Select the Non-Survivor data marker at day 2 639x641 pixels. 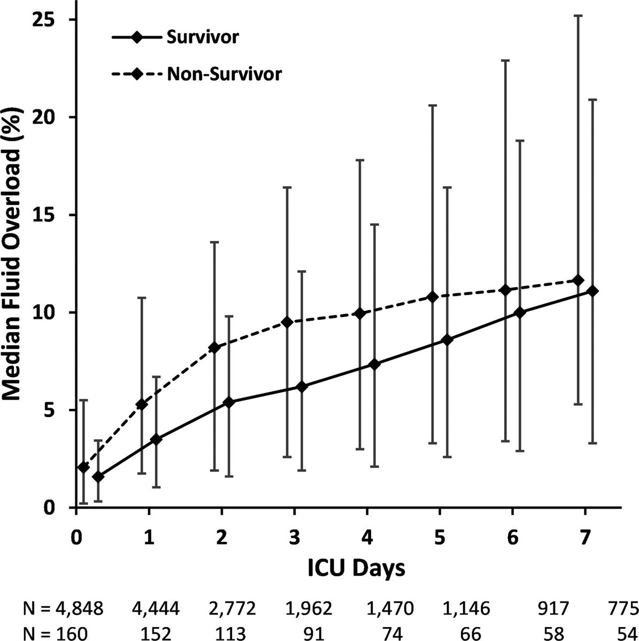point(215,348)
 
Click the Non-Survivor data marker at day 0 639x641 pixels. point(83,467)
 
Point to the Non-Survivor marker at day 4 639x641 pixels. point(360,313)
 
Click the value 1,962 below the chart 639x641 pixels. point(297,608)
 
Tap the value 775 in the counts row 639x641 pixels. point(623,608)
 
